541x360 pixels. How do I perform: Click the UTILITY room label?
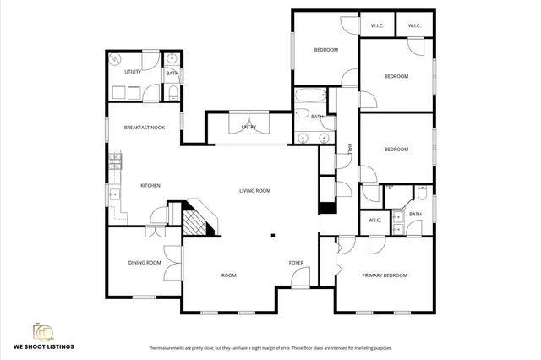(133, 72)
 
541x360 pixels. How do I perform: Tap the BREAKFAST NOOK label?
(144, 128)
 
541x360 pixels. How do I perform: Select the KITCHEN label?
(150, 185)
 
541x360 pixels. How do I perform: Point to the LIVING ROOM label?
(254, 191)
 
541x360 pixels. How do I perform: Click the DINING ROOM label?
(145, 263)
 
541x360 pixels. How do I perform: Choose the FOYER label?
(296, 263)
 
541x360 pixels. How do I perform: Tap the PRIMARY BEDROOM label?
(385, 275)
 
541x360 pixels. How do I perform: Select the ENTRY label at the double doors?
(249, 128)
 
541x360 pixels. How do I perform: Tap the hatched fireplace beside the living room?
(196, 221)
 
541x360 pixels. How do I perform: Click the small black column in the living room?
(272, 236)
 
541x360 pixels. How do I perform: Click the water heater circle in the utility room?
(117, 61)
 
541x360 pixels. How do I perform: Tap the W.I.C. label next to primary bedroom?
(375, 221)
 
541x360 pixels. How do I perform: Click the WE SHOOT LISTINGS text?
(43, 346)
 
